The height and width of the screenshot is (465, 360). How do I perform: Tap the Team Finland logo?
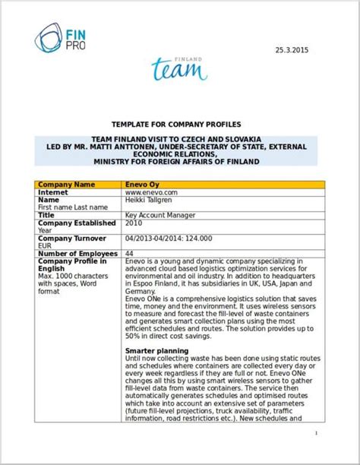(179, 68)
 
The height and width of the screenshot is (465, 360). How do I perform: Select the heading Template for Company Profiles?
(175, 123)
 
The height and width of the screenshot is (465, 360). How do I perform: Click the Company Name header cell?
(66, 184)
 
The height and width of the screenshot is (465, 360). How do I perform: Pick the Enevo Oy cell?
(142, 184)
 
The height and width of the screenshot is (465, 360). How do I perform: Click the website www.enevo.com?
(150, 193)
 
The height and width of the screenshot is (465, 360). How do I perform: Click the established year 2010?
(133, 223)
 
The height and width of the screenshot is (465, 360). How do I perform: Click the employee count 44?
(129, 253)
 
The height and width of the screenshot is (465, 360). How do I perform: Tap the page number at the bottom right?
(314, 434)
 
